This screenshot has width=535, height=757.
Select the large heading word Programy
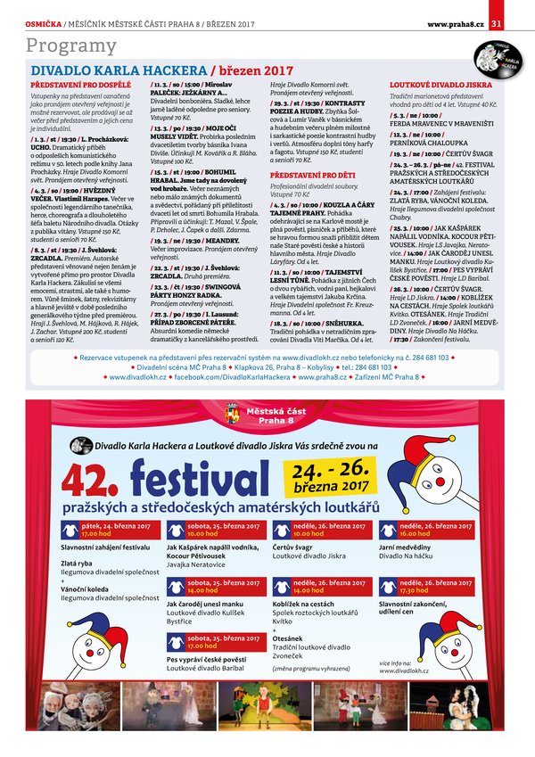tap(71, 46)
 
